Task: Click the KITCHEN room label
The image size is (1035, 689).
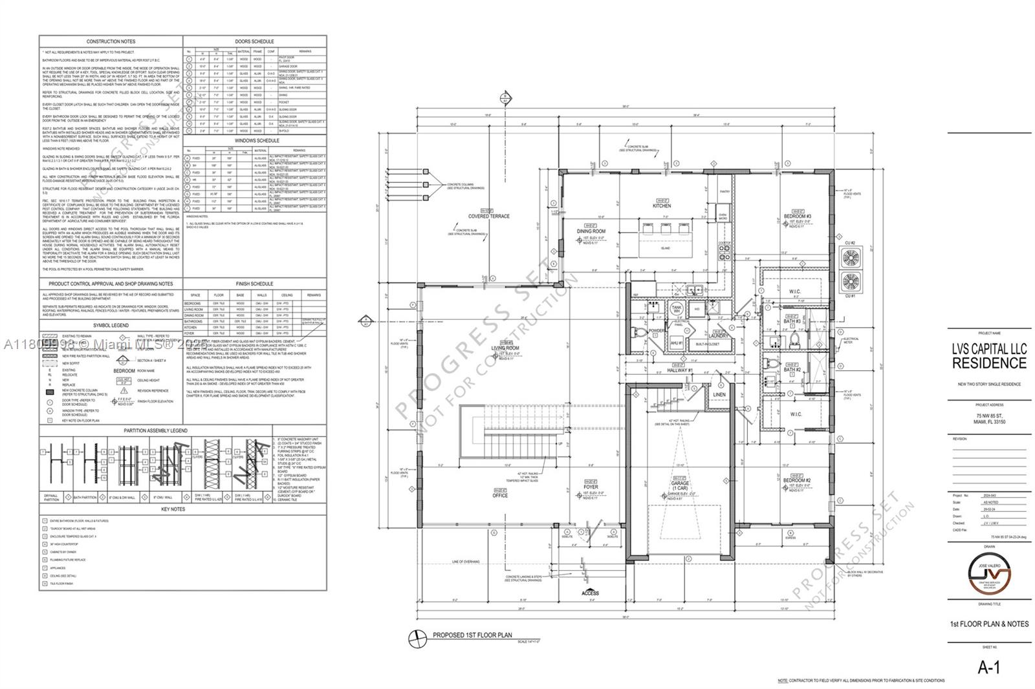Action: (x=661, y=206)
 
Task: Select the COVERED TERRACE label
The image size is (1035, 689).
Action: (x=489, y=217)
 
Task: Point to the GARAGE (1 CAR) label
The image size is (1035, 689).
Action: (x=679, y=486)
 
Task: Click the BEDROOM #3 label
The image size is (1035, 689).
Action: (x=797, y=217)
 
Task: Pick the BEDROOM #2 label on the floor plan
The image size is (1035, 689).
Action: (x=797, y=481)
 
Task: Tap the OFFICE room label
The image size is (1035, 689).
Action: (x=499, y=495)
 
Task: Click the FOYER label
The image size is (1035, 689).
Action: (x=590, y=487)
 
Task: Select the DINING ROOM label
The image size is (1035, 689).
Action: (x=591, y=231)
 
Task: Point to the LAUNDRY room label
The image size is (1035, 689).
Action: (x=718, y=336)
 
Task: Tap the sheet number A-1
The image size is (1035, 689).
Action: (x=988, y=668)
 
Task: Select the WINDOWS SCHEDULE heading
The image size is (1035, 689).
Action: (x=257, y=140)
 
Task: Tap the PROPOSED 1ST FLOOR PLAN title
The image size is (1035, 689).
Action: (x=472, y=635)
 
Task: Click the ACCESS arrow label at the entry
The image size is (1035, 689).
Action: (x=589, y=593)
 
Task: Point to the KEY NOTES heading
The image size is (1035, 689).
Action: (x=173, y=509)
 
